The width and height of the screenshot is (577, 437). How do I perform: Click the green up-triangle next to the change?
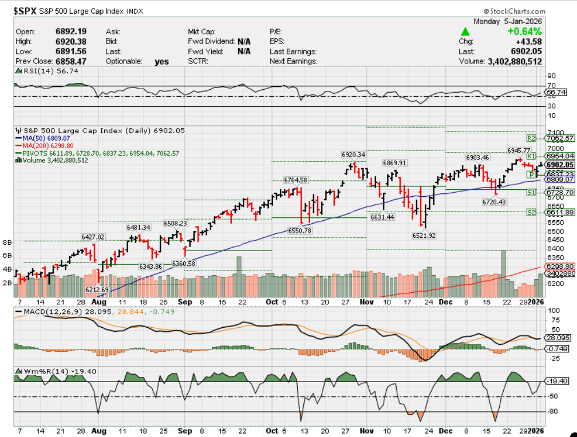466,32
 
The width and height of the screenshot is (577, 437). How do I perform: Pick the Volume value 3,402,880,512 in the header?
514,61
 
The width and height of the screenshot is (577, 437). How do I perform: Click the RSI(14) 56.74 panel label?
47,71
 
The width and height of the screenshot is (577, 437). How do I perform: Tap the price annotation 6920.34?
353,154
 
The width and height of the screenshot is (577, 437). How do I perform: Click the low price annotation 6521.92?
425,235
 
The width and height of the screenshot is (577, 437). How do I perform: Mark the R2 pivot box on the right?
531,138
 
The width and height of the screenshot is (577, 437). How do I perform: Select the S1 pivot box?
531,192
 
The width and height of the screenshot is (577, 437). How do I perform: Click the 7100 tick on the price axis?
555,132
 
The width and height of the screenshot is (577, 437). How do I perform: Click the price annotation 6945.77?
518,150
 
